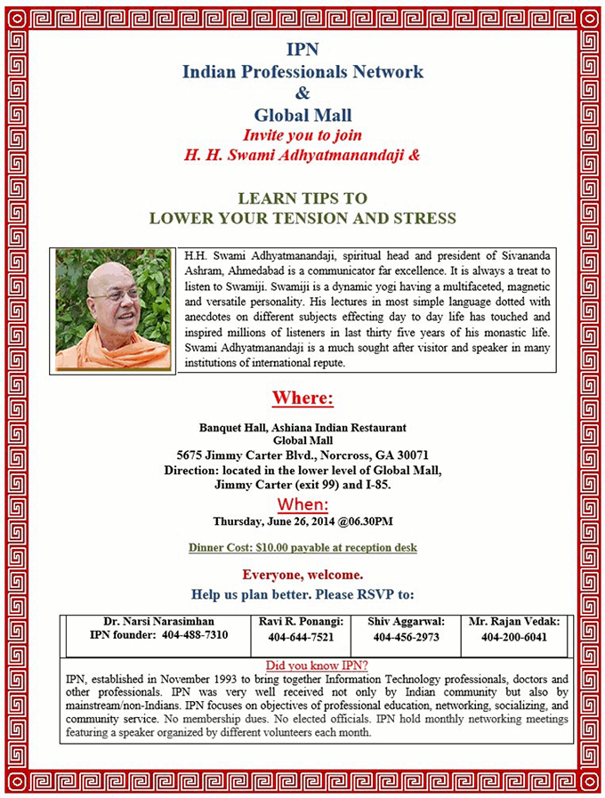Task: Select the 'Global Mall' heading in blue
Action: (302, 115)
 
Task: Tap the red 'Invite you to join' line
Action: (302, 135)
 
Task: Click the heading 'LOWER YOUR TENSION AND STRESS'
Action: (302, 218)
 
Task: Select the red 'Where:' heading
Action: (302, 397)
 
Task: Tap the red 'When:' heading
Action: (302, 505)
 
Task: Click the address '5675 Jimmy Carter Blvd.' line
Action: (302, 455)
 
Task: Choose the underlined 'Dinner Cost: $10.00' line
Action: (302, 548)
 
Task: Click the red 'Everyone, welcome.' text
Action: (302, 575)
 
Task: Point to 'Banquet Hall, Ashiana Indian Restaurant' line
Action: (302, 427)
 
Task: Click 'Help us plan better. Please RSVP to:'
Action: (302, 594)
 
